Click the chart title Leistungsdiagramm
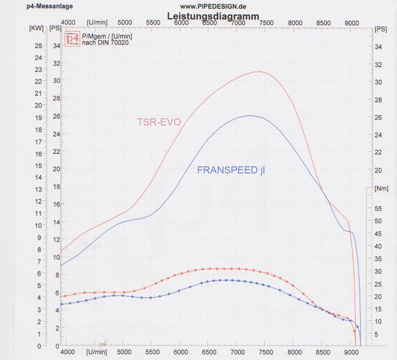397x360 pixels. click(213, 16)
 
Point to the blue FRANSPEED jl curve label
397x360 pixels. click(231, 170)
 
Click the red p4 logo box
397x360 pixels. click(73, 39)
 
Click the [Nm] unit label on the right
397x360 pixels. click(381, 189)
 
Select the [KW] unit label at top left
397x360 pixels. click(34, 29)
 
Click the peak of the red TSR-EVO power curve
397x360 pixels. click(259, 72)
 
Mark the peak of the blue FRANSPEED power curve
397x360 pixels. click(250, 115)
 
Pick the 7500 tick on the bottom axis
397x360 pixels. click(266, 353)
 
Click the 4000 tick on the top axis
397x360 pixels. click(68, 22)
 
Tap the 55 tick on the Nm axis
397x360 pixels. click(378, 209)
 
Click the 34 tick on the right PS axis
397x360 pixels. click(378, 47)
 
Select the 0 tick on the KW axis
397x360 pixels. click(39, 346)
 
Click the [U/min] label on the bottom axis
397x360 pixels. click(96, 353)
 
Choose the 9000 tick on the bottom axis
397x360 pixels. click(351, 353)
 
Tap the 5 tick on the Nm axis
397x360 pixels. click(376, 334)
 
